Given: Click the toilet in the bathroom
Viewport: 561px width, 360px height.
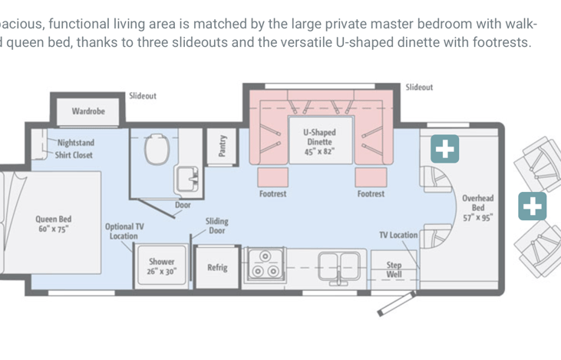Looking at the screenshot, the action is click(157, 149).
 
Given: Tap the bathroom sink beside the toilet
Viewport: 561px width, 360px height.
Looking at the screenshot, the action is click(186, 179).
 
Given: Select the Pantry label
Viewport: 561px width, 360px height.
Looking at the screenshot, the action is click(223, 146).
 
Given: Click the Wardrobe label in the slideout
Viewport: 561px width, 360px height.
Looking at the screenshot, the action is click(88, 111).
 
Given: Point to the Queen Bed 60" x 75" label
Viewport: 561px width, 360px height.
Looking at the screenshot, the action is click(53, 224).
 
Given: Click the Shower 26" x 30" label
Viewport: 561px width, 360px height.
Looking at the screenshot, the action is click(162, 266).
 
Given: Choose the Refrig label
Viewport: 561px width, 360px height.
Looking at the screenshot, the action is click(217, 268).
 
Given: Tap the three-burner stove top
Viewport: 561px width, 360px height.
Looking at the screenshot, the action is click(265, 265).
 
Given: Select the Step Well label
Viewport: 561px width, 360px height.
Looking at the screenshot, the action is click(394, 270).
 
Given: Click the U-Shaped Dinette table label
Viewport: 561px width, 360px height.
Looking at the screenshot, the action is click(320, 142).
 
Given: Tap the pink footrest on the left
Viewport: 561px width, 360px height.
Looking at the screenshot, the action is click(273, 177).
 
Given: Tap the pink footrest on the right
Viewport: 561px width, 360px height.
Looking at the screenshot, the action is click(371, 177).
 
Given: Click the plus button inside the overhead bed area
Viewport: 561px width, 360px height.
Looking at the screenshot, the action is click(444, 149).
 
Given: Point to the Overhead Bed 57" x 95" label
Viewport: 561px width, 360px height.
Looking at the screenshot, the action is click(478, 208).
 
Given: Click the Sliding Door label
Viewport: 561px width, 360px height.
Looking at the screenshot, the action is click(217, 226).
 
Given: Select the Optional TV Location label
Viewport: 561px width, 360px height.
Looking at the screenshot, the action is click(124, 231).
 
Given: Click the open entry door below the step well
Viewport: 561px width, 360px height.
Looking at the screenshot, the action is click(397, 304).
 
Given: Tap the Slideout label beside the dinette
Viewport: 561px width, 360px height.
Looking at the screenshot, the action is click(419, 88).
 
